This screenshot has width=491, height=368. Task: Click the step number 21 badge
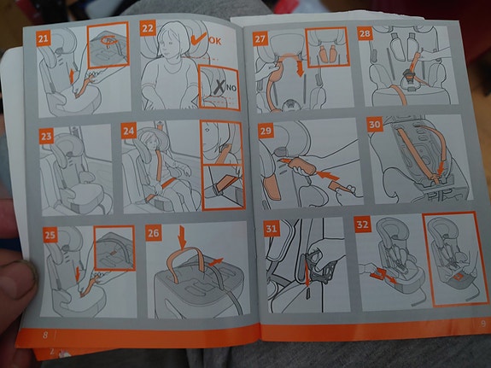point(44,38)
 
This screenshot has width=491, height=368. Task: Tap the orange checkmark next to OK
point(198,38)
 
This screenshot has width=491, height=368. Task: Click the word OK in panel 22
point(214,41)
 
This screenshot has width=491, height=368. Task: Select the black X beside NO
point(219,86)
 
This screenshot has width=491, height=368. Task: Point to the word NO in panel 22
point(231,88)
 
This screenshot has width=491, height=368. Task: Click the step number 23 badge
point(46,137)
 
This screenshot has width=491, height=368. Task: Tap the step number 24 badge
point(129,131)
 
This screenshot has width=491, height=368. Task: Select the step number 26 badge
point(154,233)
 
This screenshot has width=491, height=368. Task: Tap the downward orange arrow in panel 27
point(300,69)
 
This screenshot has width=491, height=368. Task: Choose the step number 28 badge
point(365,33)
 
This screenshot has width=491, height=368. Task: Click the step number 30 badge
point(375,125)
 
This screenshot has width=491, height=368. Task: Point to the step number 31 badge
point(272,228)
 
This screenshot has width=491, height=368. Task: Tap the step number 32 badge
point(363,225)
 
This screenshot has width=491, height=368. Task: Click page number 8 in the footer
point(45,335)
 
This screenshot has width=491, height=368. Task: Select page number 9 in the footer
point(483,324)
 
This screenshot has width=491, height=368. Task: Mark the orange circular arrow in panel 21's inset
point(109,41)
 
